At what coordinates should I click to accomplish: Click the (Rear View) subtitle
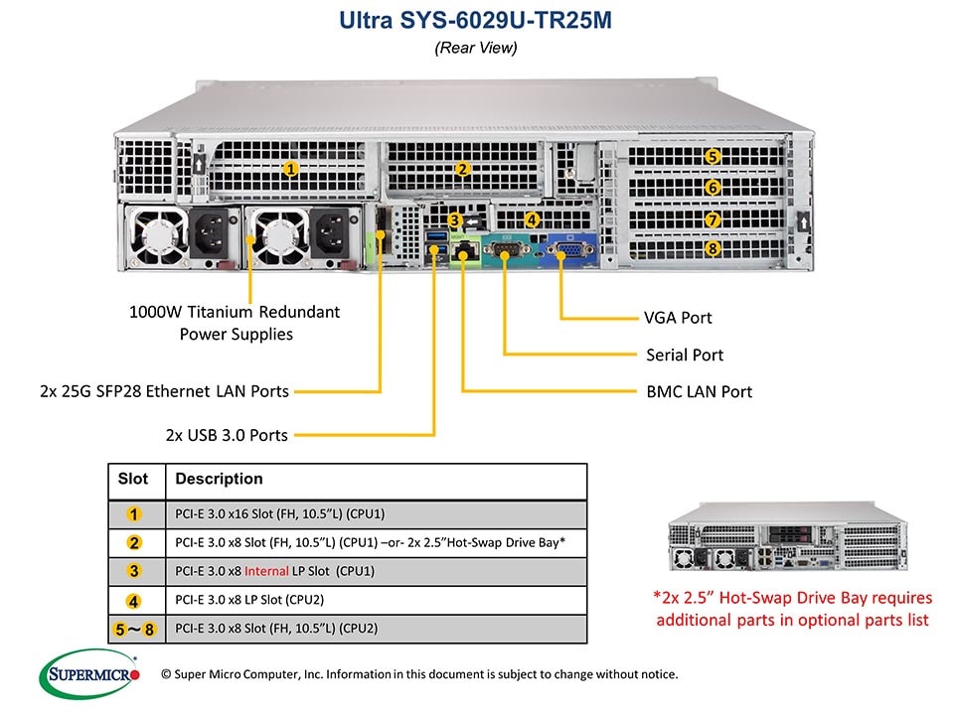point(476,48)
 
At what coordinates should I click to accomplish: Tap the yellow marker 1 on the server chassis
point(291,169)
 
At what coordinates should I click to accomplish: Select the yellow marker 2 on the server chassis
point(462,169)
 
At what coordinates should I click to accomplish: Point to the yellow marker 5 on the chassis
point(713,156)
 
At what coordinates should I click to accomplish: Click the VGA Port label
point(678,318)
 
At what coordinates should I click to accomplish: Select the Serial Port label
point(684,355)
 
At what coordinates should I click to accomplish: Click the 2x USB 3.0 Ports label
point(227,434)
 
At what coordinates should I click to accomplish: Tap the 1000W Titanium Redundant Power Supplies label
point(236,323)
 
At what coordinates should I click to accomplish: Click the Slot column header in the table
point(133,479)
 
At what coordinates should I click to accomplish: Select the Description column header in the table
point(219,479)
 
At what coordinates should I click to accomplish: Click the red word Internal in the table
point(266,571)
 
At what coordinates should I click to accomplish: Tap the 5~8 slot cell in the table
point(134,629)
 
